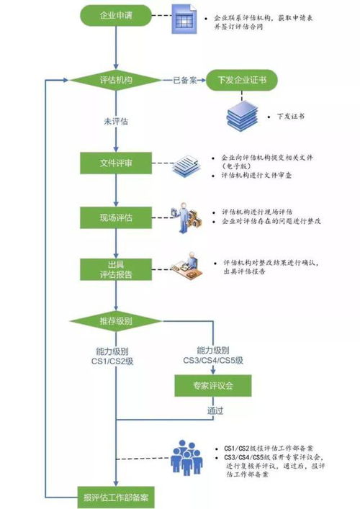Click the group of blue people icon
point(186,456)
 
